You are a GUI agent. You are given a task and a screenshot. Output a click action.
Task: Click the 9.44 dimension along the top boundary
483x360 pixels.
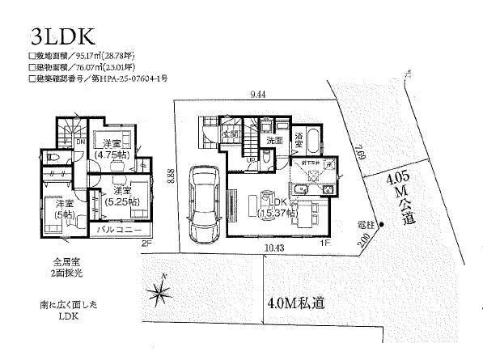coord(258,95)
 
